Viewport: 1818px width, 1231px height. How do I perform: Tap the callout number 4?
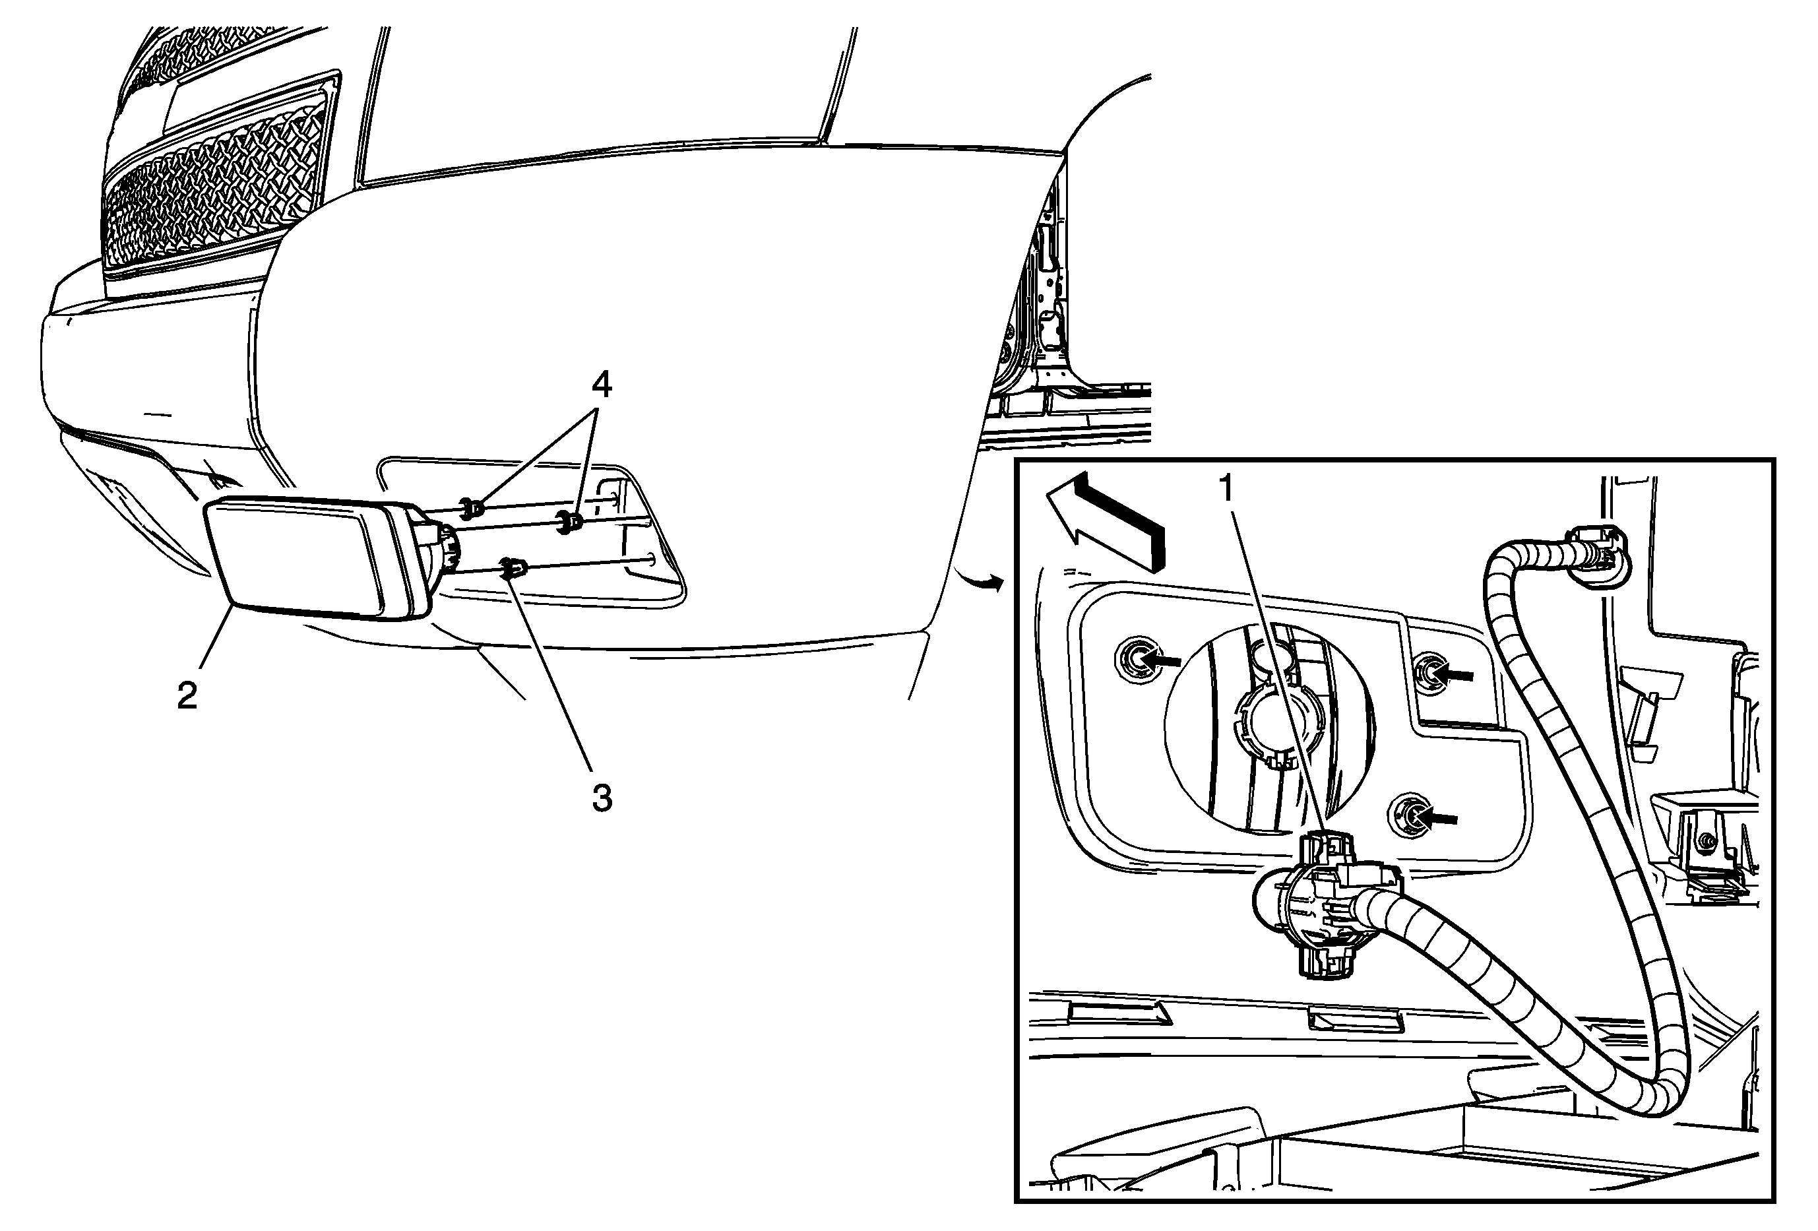[x=601, y=385]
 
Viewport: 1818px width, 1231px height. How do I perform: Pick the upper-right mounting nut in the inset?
[x=1435, y=670]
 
